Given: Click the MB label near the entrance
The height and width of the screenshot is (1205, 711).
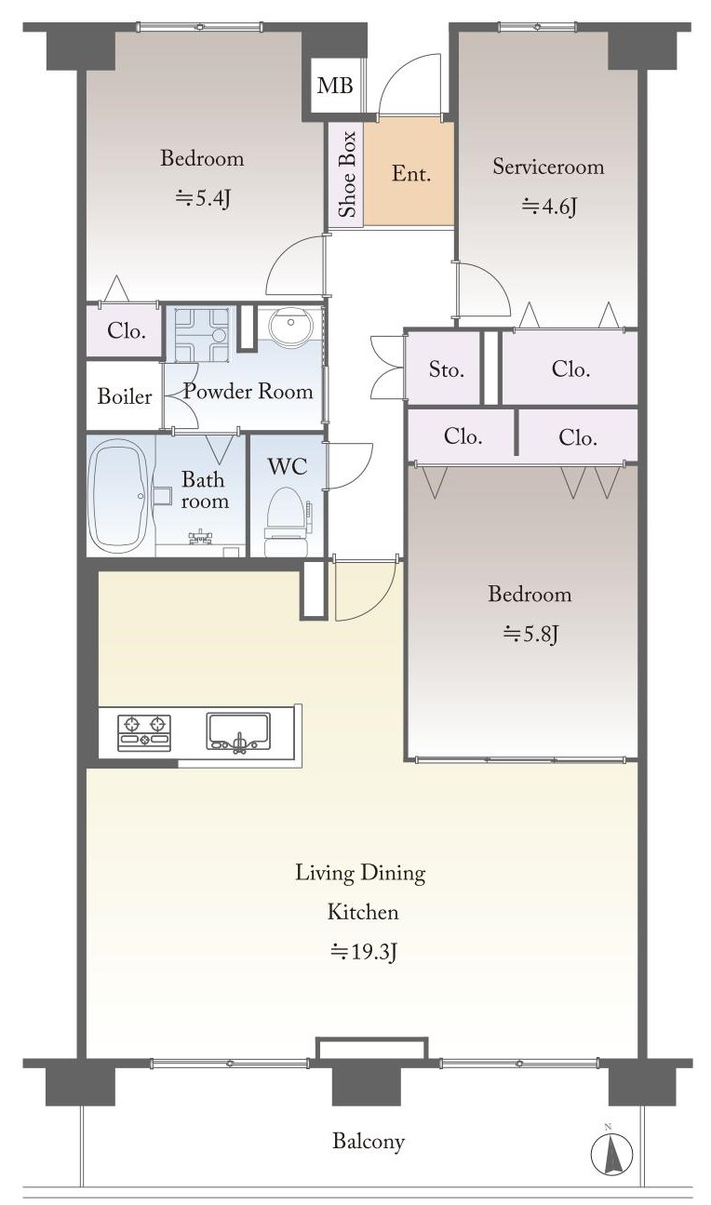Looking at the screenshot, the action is click(x=335, y=85).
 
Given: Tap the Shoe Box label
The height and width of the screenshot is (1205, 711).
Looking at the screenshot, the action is click(x=347, y=174).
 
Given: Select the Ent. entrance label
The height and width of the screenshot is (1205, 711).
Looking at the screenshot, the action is click(x=411, y=173).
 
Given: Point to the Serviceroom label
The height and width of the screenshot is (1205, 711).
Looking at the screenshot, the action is click(x=548, y=167).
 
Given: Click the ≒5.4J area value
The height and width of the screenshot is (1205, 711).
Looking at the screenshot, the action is click(x=203, y=198).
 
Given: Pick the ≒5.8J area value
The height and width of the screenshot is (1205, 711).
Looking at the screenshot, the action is click(x=530, y=635).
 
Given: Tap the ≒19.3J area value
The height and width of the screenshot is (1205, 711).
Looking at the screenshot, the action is click(x=364, y=952).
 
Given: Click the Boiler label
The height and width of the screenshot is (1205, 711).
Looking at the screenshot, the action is click(x=125, y=396).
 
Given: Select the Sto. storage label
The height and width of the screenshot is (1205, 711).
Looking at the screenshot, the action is click(x=447, y=369).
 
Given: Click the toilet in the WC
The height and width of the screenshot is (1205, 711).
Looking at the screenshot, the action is click(x=287, y=522).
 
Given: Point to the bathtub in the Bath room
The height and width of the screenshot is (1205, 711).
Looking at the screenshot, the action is click(x=118, y=496).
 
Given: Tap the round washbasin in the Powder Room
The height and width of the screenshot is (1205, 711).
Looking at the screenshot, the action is click(x=290, y=326).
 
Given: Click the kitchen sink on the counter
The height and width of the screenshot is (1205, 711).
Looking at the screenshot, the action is click(x=238, y=731).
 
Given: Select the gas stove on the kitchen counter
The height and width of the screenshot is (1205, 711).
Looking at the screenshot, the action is click(x=144, y=732).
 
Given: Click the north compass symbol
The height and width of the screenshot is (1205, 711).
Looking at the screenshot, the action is click(x=611, y=1154).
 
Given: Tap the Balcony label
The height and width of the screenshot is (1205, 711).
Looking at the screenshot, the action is click(x=369, y=1141).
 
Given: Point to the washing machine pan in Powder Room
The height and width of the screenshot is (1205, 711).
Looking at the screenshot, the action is click(x=201, y=335).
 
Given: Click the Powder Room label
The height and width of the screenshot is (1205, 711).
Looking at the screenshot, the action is click(x=248, y=391).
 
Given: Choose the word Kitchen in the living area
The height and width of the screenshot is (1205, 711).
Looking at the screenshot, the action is click(x=364, y=912).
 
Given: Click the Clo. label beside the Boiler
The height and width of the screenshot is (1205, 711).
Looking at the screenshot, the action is click(x=127, y=330).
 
